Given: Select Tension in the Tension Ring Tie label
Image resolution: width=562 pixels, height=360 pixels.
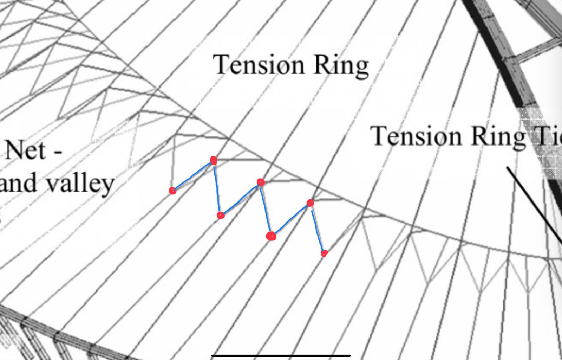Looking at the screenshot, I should pos(416,136).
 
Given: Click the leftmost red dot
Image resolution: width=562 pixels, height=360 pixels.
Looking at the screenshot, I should pos(172,191).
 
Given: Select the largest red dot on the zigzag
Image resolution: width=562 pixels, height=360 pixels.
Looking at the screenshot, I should pos(271,236).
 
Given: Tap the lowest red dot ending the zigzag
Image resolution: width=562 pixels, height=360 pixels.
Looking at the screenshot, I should pos(324,253).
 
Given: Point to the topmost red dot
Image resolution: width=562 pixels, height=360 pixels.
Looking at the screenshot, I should pos(213,160).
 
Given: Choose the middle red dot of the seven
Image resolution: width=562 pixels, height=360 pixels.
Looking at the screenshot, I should pos(260,182).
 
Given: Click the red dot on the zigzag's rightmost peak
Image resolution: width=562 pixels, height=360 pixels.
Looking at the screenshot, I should pos(310,202).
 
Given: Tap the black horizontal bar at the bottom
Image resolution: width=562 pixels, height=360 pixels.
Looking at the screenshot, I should pos(281,356).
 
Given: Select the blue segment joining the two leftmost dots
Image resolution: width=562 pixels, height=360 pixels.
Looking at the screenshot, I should pos(192,175).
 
